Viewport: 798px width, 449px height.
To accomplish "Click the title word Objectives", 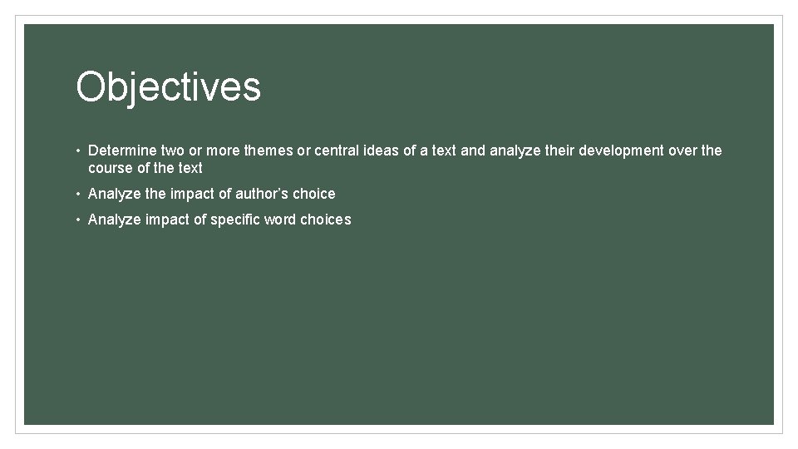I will click(168, 87).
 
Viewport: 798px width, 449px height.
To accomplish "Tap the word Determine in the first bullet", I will click(121, 150).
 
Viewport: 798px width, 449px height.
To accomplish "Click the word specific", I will click(237, 220).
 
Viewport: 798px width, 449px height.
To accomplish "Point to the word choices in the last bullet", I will click(325, 220).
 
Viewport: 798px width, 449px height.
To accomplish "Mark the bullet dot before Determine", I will click(76, 151).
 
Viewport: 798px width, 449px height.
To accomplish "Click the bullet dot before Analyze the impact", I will click(76, 195).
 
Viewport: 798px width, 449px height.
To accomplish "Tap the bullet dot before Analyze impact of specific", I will click(76, 220).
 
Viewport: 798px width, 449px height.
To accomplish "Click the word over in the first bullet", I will click(684, 150).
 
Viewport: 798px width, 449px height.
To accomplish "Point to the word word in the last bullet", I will click(280, 220).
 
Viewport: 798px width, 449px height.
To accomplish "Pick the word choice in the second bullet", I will click(313, 194).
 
